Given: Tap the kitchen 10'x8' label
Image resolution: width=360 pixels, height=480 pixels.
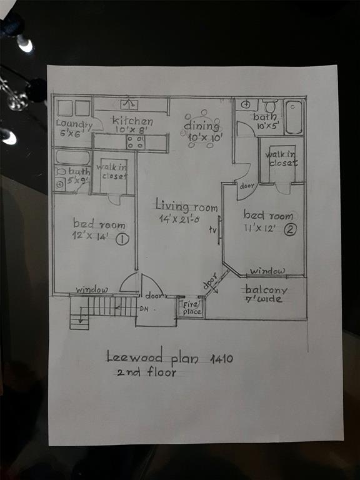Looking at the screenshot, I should pyautogui.click(x=131, y=125).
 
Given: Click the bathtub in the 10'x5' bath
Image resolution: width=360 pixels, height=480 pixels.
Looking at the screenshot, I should pyautogui.click(x=294, y=117).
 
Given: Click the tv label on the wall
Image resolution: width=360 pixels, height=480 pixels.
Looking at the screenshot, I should pyautogui.click(x=213, y=229).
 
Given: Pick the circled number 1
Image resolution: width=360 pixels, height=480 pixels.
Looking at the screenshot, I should pyautogui.click(x=122, y=238).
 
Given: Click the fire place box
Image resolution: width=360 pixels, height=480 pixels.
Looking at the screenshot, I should pyautogui.click(x=190, y=307).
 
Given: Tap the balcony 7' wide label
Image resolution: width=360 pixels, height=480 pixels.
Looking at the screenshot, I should pyautogui.click(x=266, y=294).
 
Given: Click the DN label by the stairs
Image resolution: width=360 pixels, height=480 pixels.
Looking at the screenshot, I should pyautogui.click(x=143, y=309).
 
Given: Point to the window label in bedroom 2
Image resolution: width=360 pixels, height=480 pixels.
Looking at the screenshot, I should pyautogui.click(x=268, y=271).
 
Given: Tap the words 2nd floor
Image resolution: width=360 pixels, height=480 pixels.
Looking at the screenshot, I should pyautogui.click(x=146, y=372).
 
